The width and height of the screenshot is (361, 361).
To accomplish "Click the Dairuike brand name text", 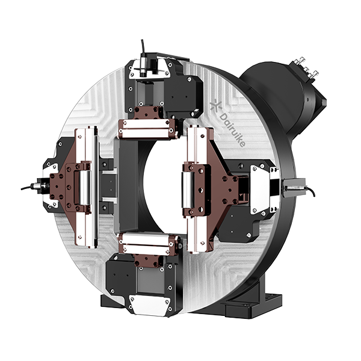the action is click(x=232, y=130).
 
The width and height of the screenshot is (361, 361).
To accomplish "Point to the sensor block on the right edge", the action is click(x=294, y=187).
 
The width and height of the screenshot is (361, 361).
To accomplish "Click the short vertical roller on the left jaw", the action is click(x=84, y=188).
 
